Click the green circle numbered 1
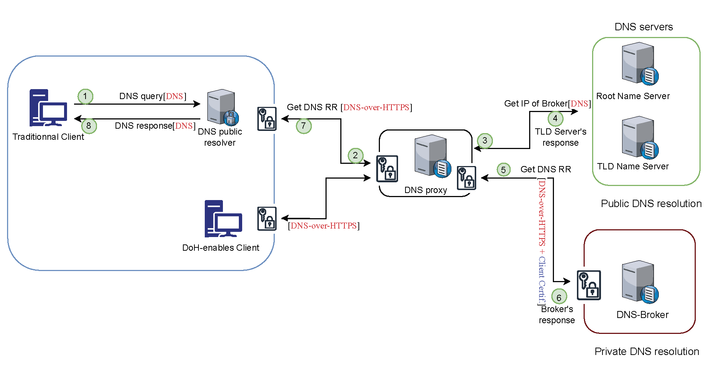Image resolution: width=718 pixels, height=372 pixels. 85,97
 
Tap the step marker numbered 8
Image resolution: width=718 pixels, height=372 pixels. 89,126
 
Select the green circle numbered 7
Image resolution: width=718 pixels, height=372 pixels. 304,126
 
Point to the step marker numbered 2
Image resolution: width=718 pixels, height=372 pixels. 355,155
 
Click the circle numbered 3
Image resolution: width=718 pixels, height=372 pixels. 485,141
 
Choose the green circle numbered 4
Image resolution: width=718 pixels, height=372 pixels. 555,118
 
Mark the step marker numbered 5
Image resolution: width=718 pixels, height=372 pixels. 503,170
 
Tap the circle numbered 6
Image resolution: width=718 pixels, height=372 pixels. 559,297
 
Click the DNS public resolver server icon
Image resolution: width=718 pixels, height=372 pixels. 223,107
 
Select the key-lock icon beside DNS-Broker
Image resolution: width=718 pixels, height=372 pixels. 589,285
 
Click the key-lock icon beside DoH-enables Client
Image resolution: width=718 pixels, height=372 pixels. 267,219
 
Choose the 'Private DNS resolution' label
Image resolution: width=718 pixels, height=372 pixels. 647,351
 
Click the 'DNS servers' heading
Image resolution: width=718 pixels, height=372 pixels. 644,27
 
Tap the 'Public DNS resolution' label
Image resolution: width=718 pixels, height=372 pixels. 651,203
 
